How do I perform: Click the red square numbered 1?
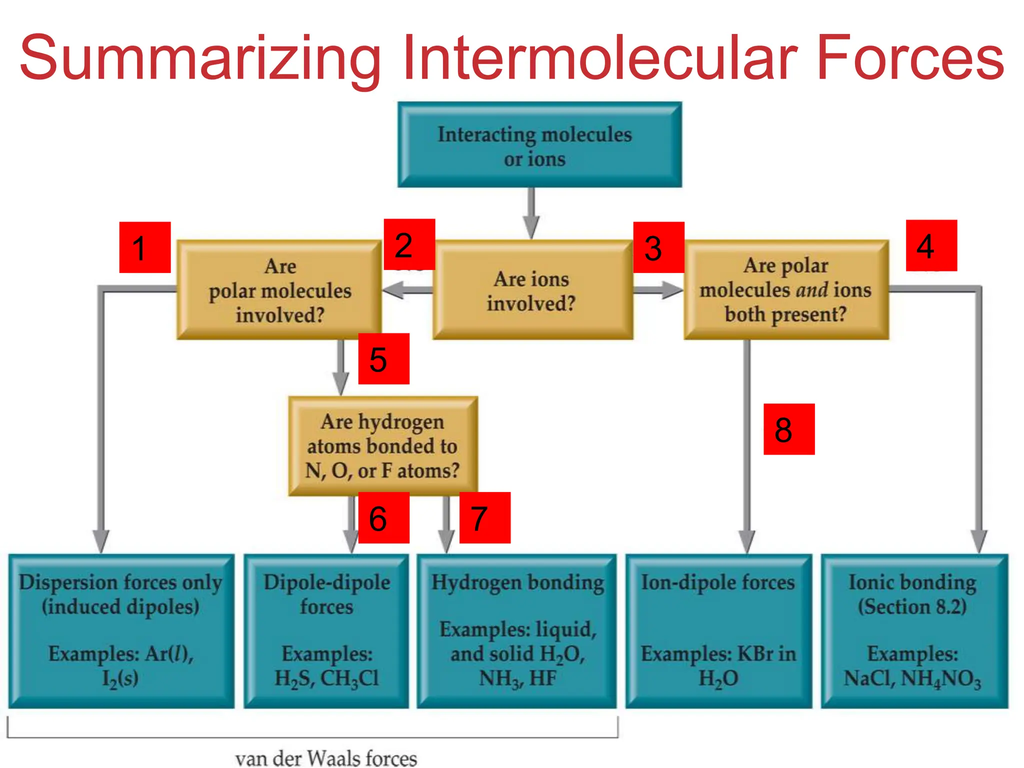coord(144,247)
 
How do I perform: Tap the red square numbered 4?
coord(931,245)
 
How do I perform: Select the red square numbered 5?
coord(383,358)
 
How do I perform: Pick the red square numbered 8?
coord(789,429)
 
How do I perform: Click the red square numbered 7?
coord(484,517)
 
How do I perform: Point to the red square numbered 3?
coord(658,247)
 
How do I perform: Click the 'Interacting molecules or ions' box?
coord(539,145)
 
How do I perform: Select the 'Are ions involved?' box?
coord(532,290)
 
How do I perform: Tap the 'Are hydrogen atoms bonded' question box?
coord(382,446)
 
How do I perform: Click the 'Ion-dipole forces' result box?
coord(718,630)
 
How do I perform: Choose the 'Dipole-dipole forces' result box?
coord(326,630)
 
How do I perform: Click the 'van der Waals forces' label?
coord(326,757)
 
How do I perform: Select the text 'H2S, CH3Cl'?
coord(326,678)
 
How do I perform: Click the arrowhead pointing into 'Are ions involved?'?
coord(531,227)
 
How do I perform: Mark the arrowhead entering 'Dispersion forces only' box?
coord(101,541)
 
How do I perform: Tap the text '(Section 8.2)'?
coord(912,606)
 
